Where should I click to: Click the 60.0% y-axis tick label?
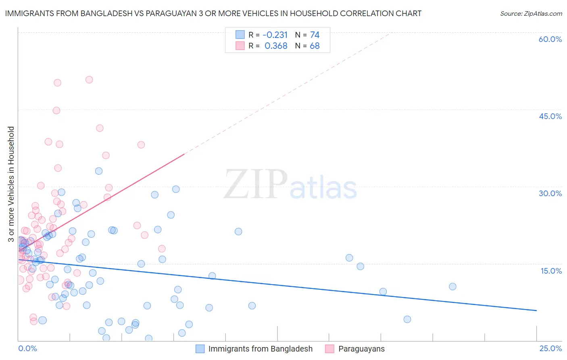[550, 39]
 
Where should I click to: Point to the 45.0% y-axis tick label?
[550, 116]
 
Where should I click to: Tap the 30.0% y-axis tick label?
[550, 193]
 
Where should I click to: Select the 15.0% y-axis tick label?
[551, 271]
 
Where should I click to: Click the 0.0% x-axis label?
[27, 348]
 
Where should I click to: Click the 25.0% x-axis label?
[550, 348]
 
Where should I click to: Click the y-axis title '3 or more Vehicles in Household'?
[11, 184]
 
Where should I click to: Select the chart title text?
[213, 13]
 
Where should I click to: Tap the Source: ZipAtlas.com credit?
[531, 13]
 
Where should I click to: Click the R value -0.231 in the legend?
[275, 35]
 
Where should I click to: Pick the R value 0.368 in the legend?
[276, 46]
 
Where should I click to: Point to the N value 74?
[315, 35]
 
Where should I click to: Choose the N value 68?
[315, 46]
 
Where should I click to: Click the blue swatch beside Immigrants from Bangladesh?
[200, 349]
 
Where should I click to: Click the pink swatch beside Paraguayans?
[330, 349]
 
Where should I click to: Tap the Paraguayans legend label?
[361, 349]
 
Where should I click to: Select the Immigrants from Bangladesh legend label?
[260, 349]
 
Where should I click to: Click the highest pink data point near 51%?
[89, 80]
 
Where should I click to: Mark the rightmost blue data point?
[452, 287]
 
